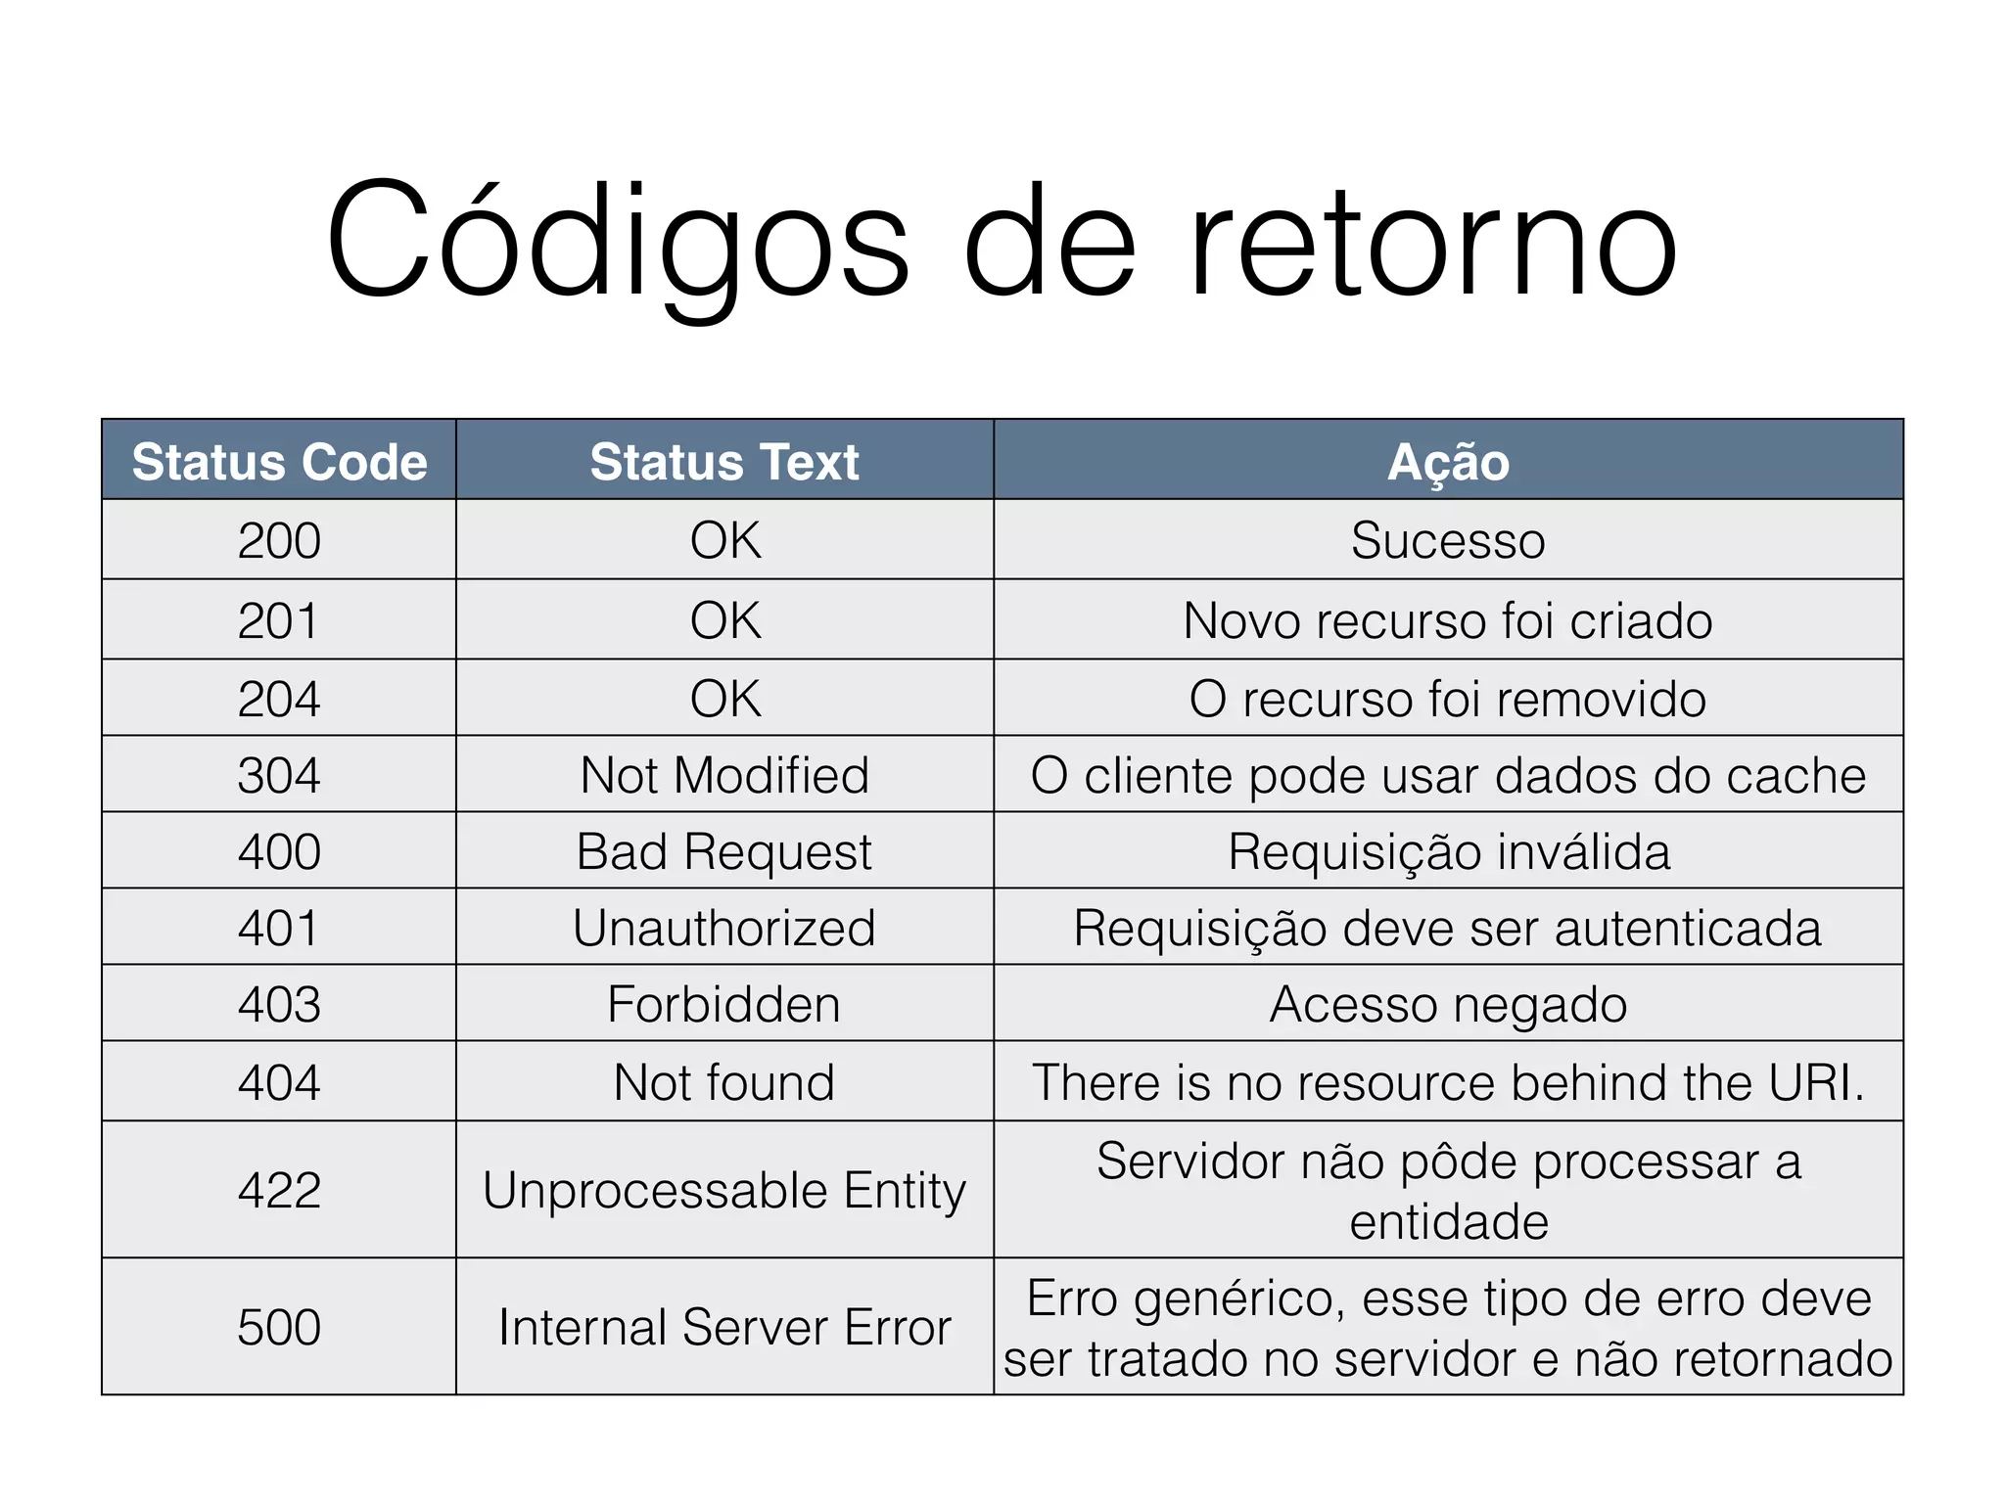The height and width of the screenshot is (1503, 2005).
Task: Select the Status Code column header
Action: click(x=279, y=461)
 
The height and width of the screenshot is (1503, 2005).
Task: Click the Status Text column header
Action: click(x=724, y=461)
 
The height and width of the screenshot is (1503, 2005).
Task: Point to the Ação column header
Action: click(x=1448, y=461)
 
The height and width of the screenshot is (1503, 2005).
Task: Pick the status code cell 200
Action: click(x=279, y=540)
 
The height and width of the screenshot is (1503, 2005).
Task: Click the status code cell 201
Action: click(x=279, y=620)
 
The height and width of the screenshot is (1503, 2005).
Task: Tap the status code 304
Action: click(x=279, y=775)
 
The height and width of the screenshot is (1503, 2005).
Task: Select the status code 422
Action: click(x=279, y=1190)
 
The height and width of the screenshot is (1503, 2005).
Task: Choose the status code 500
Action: click(x=279, y=1327)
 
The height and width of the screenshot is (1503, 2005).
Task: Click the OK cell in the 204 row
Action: click(x=724, y=699)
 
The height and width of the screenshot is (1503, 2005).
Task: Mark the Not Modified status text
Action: click(x=724, y=775)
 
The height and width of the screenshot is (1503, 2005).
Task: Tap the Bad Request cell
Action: click(x=724, y=851)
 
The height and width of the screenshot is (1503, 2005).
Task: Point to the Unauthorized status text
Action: click(x=724, y=928)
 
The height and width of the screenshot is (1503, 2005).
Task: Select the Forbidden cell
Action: click(x=724, y=1004)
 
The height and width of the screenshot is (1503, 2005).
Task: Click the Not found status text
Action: click(x=724, y=1082)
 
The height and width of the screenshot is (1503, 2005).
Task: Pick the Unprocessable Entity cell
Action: click(x=724, y=1190)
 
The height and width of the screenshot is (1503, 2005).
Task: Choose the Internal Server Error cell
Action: click(x=724, y=1327)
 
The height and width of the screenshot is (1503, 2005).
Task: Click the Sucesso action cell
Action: click(x=1448, y=540)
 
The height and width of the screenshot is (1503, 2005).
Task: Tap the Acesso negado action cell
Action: click(x=1448, y=1004)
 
